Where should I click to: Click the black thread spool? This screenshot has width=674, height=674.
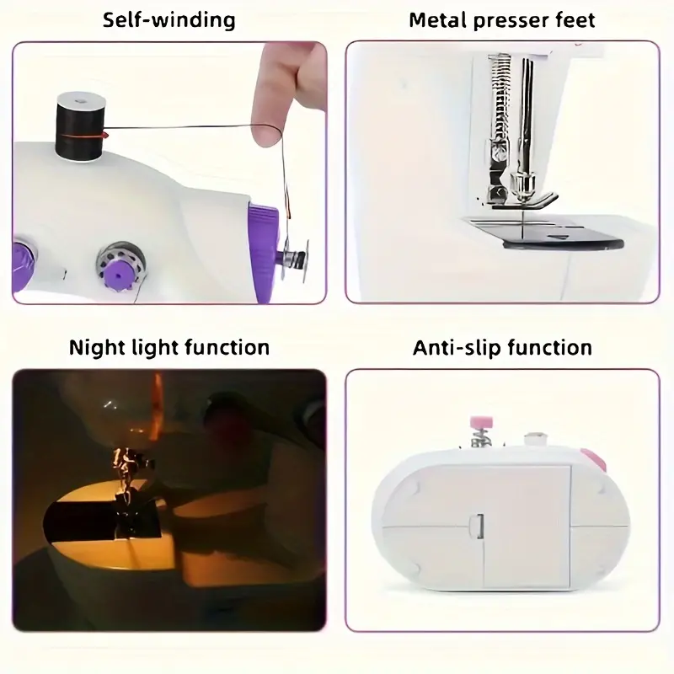click(x=81, y=127)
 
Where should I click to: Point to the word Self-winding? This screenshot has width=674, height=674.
click(x=169, y=20)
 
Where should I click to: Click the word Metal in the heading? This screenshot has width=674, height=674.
click(x=437, y=19)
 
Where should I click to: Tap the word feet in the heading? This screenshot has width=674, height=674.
click(x=578, y=19)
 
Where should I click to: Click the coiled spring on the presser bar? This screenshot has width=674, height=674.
click(x=499, y=94)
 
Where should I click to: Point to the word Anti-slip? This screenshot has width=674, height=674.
click(x=458, y=348)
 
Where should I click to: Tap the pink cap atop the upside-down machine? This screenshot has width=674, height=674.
click(x=481, y=422)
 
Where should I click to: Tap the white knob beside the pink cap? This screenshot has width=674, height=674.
click(x=535, y=439)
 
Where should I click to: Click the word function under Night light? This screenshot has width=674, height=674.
click(x=227, y=348)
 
